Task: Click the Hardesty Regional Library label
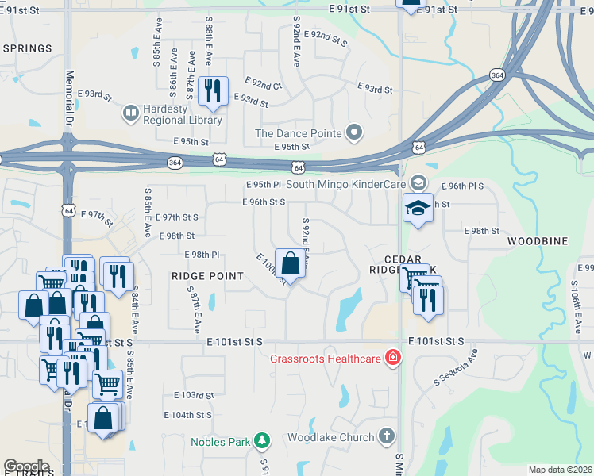pos(183,114)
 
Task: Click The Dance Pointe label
pos(298,133)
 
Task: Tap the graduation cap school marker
pos(418,208)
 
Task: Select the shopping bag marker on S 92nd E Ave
pos(291,263)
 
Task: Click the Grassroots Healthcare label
pos(326,358)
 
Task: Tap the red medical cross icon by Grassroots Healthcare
pos(391,358)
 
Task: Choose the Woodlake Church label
pos(330,437)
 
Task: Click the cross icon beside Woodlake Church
pos(386,436)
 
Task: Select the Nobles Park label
pos(221,441)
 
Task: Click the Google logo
pos(26,466)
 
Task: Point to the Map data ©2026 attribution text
pos(561,470)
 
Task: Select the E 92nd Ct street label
pos(264,84)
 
